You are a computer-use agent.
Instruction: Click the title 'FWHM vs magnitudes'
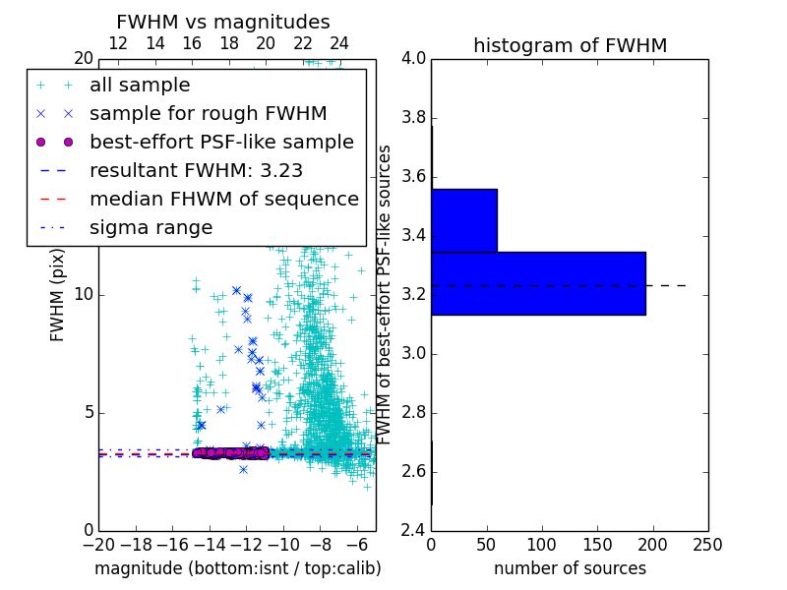point(223,22)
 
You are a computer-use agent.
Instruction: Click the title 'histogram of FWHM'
point(570,45)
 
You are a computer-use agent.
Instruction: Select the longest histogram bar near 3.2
point(537,283)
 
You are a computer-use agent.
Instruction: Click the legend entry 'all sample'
point(140,86)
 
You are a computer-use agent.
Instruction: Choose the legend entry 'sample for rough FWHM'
point(208,113)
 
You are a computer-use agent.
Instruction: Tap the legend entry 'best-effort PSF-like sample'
point(221,142)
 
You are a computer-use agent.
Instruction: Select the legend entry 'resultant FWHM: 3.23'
point(196,170)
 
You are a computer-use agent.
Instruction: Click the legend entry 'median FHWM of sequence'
point(223,199)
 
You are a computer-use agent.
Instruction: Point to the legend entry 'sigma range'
point(151,227)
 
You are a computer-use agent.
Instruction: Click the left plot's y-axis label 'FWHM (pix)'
point(58,294)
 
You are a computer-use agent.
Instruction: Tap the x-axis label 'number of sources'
point(570,568)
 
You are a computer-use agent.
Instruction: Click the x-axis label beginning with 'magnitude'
point(237,568)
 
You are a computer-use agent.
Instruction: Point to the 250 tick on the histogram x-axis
point(707,544)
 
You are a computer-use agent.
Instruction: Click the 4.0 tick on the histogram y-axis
point(413,59)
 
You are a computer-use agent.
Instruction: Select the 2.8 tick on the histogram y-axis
point(413,412)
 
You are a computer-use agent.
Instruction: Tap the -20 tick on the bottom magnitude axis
point(98,544)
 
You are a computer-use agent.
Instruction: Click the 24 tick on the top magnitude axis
point(339,43)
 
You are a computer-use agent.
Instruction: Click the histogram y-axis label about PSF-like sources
point(386,294)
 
